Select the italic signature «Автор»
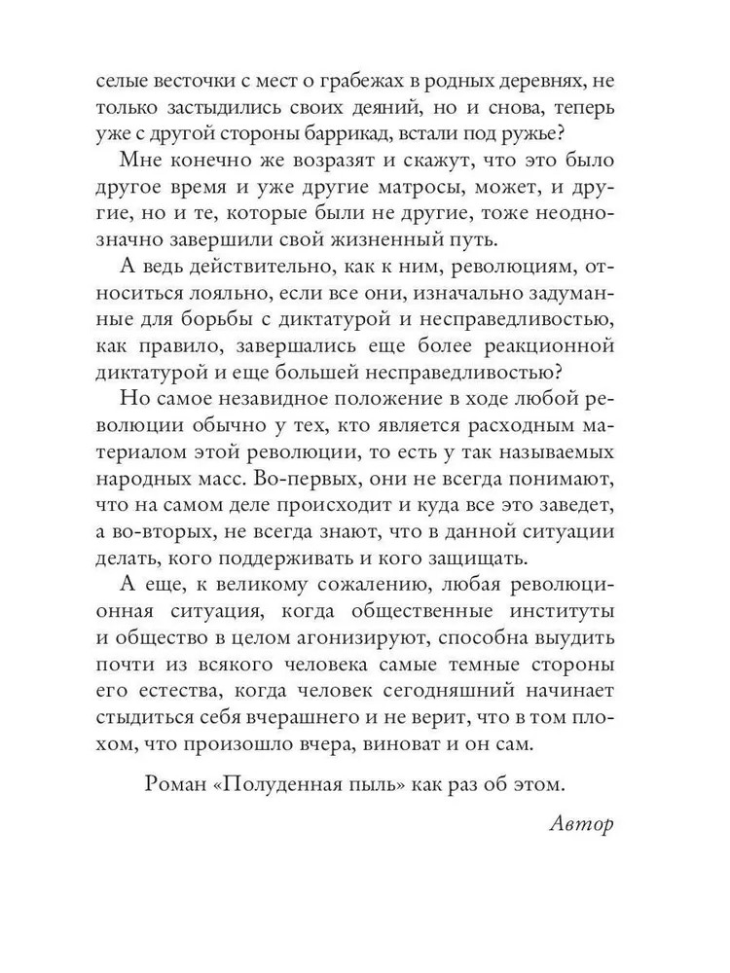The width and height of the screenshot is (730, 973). point(581,825)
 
